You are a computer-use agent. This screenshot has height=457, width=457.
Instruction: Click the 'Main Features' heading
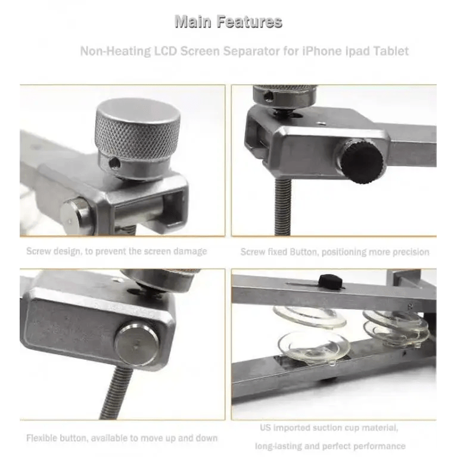point(229,22)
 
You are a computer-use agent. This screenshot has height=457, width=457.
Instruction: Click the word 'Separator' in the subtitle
point(250,51)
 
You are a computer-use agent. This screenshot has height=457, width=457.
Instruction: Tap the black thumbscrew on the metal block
point(362,161)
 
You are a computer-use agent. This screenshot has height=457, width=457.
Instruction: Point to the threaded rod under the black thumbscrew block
point(282,206)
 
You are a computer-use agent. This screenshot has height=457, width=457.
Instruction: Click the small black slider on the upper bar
point(331,281)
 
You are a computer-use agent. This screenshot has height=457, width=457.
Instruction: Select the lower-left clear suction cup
point(314,348)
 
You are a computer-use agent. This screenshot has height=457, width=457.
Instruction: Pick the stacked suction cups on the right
point(396,328)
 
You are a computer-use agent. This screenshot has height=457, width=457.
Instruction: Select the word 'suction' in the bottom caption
point(327,428)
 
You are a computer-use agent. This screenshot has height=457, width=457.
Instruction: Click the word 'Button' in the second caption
point(303,252)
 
